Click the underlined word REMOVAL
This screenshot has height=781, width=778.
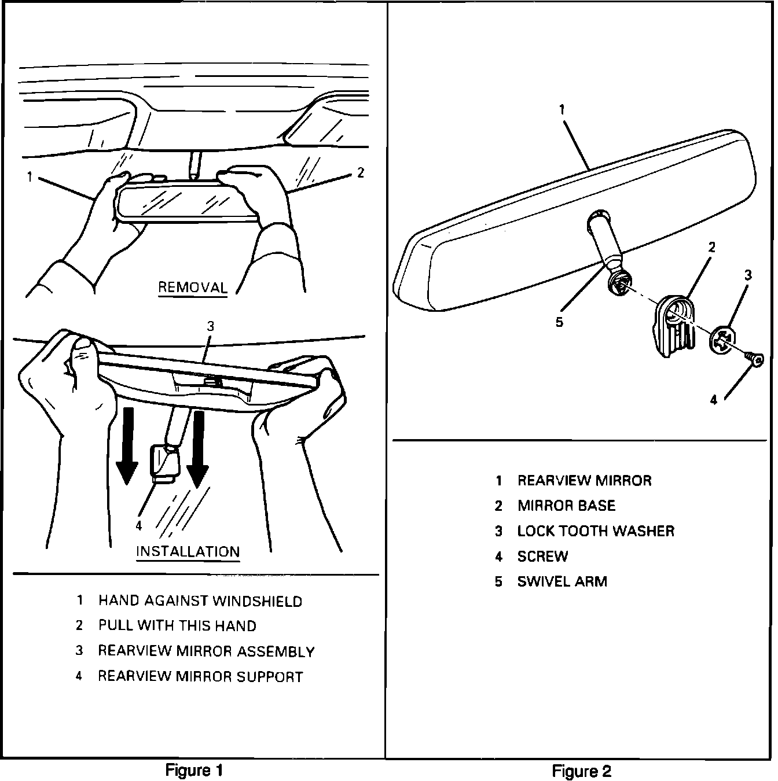193,288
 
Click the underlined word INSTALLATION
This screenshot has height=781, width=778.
188,551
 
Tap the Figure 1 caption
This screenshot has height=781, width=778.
194,770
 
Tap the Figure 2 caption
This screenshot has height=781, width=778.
581,771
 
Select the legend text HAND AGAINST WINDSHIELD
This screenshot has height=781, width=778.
200,601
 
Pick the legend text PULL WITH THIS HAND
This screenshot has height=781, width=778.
177,626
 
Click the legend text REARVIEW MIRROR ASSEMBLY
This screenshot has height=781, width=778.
206,651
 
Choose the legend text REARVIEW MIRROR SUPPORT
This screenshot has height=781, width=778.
200,676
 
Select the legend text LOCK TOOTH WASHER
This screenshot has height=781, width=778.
596,531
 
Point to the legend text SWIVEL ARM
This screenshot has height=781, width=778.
562,581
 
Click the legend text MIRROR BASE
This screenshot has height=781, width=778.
566,506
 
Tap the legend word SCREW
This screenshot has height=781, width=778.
542,557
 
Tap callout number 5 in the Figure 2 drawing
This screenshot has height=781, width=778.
559,322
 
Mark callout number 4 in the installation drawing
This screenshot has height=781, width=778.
138,525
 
